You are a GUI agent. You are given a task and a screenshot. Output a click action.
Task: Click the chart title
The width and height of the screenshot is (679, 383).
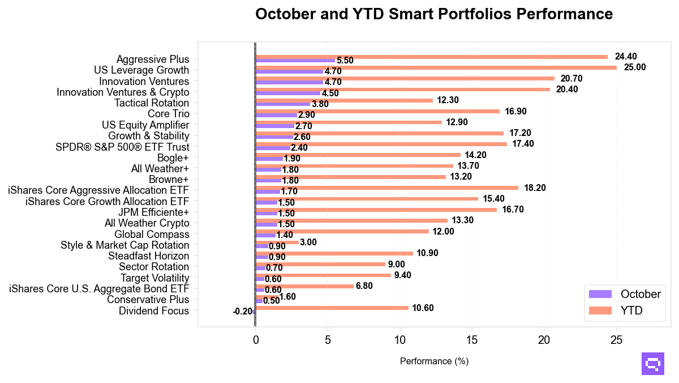coord(434,14)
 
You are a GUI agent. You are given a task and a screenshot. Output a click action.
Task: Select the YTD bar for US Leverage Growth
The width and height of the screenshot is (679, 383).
coord(436,67)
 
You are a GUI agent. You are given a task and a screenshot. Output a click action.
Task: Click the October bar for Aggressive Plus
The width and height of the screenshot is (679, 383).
coord(295,60)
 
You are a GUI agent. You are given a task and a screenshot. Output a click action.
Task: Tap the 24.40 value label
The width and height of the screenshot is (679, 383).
coord(626,57)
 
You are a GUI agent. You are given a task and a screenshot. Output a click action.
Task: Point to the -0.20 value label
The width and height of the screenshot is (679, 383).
coord(242,312)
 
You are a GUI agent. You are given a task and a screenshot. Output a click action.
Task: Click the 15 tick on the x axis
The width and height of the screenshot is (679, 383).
coord(472,340)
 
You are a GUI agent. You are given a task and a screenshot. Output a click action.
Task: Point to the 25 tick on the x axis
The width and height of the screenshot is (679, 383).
coord(616,340)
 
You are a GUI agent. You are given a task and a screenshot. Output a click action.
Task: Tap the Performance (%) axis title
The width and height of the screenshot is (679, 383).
coord(434,361)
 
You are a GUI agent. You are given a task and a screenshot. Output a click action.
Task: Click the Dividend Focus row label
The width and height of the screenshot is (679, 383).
coord(154,310)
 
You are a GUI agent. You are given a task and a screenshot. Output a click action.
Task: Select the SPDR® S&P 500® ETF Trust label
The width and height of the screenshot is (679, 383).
coord(122,147)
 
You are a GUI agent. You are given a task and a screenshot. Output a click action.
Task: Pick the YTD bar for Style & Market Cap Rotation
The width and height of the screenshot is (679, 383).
coord(277,242)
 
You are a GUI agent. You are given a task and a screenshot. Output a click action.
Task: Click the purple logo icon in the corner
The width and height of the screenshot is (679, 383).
coord(652,364)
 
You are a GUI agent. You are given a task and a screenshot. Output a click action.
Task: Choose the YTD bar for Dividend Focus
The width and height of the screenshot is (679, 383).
coord(332,308)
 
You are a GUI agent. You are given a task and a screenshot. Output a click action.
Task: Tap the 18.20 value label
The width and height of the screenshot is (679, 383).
coord(534,188)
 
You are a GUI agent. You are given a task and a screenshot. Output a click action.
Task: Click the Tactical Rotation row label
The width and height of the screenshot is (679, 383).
coord(152,103)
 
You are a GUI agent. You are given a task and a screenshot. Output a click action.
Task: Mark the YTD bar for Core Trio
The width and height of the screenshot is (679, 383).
coord(377,111)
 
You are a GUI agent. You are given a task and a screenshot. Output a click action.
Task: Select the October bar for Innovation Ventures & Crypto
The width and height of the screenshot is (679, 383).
coord(287,93)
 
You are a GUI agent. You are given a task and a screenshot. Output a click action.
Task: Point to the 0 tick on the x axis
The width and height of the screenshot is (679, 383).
coord(256,340)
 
